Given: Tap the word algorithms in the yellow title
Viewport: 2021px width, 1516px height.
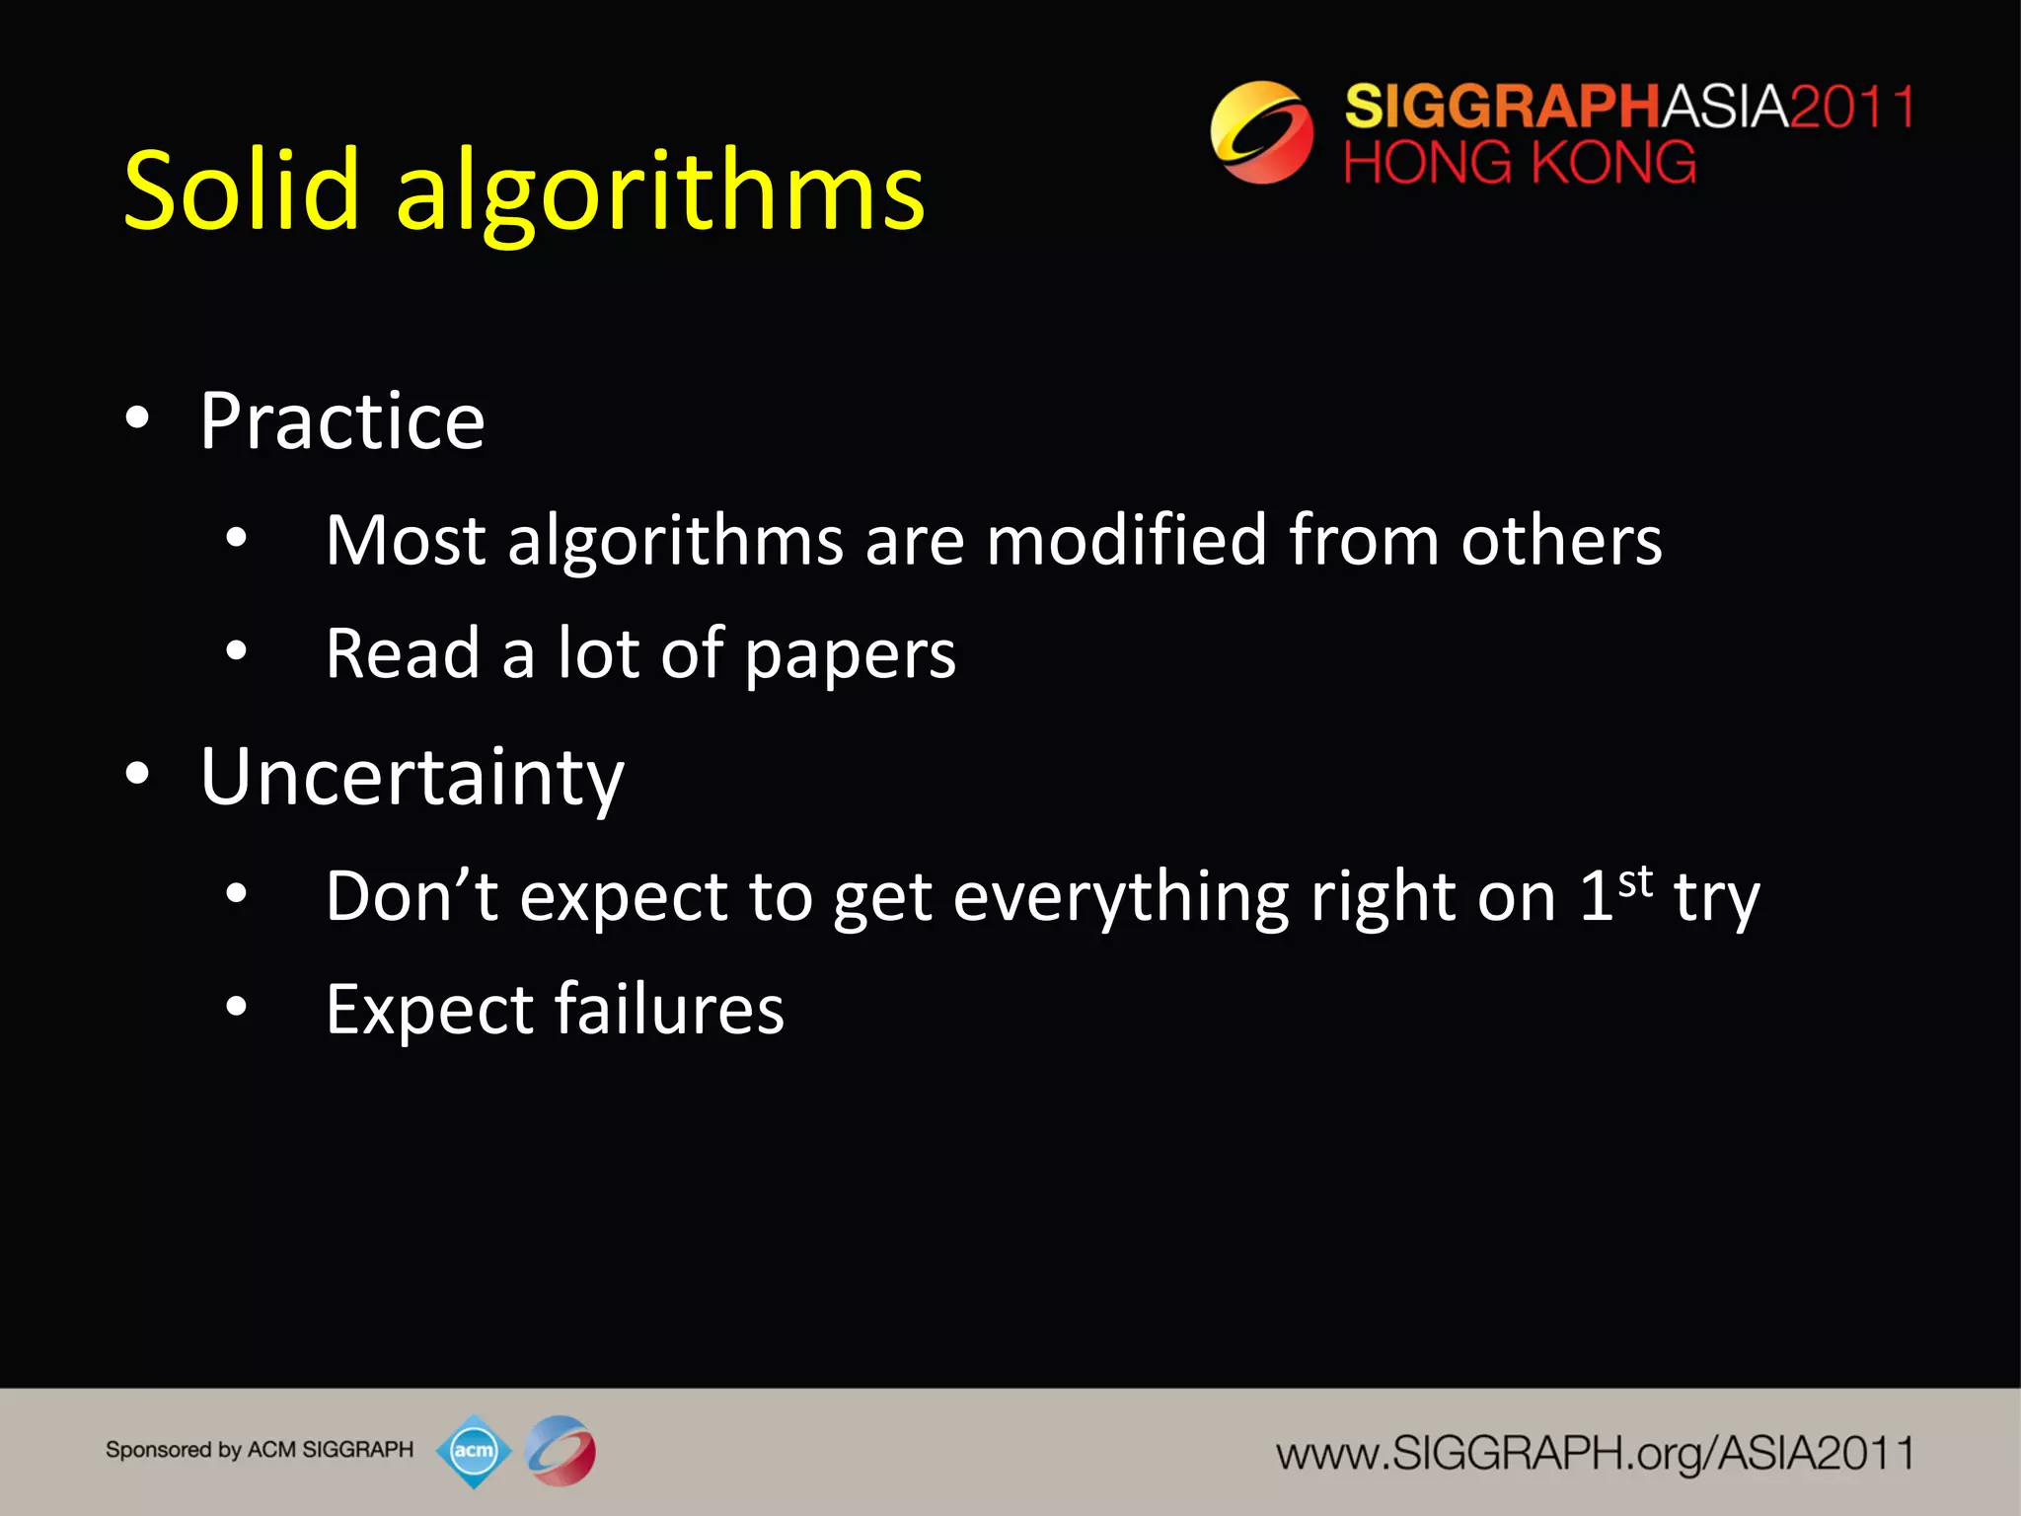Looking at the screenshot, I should (660, 193).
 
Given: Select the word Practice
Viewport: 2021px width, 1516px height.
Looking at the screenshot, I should (341, 421).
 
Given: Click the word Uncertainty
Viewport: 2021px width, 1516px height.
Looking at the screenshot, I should (412, 779).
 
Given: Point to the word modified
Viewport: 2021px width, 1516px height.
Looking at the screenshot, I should (1126, 541).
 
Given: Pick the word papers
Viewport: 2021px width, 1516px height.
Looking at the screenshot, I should (850, 656).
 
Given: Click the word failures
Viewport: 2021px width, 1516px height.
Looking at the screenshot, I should (669, 1010).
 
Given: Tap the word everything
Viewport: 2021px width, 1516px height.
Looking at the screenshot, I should (1121, 898).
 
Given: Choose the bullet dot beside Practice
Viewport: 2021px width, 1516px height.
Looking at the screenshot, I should (137, 417).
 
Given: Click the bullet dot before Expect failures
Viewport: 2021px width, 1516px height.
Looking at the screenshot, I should (236, 1007).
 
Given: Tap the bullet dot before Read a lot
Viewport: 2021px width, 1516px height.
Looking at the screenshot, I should (236, 650).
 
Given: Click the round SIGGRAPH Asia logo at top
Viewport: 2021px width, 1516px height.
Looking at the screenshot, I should (1261, 132).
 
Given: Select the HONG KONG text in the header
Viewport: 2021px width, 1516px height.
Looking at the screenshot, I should (1520, 163).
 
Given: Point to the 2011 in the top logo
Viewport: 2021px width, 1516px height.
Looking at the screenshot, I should (1851, 107).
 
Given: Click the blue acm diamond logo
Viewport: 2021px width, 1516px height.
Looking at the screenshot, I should (474, 1451).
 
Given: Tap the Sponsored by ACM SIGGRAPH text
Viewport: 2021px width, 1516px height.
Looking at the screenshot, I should (259, 1450).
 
